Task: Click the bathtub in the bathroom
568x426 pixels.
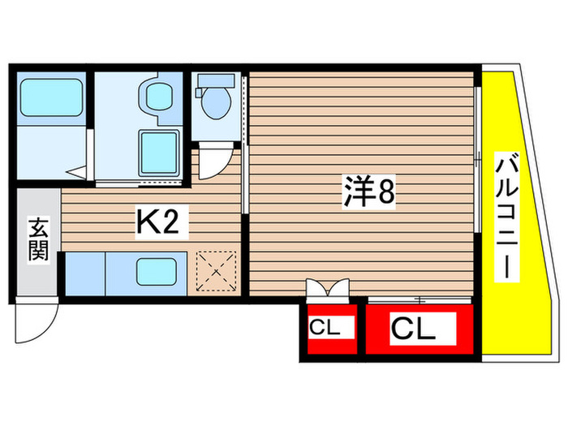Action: [x=51, y=99]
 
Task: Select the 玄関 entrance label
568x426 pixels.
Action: [x=38, y=238]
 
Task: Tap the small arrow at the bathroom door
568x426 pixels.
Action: [x=78, y=171]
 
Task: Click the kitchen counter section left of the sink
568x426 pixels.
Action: [x=91, y=273]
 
